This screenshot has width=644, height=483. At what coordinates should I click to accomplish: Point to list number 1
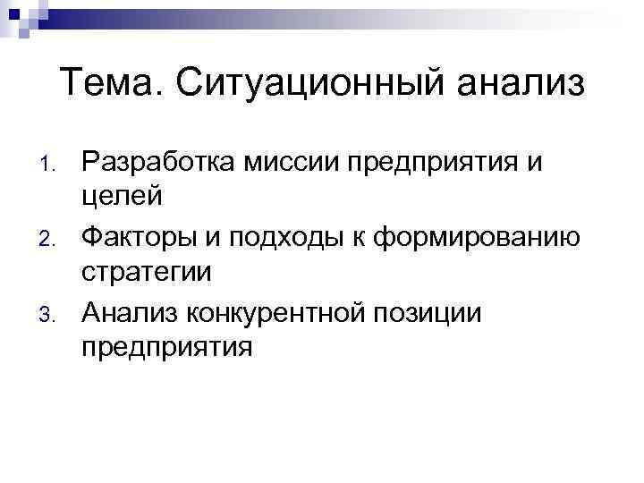pos(49,164)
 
